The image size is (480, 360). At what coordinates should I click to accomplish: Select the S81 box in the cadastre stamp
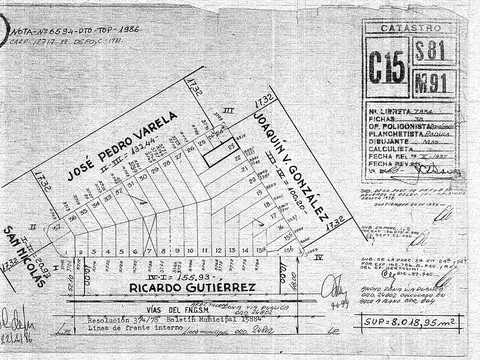pyautogui.click(x=431, y=53)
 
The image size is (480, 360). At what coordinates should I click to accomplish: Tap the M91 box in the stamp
pyautogui.click(x=431, y=79)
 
